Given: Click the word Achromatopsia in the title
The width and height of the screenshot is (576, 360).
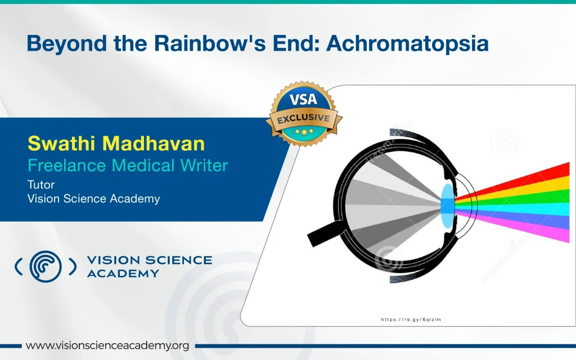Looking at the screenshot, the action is tap(407, 43).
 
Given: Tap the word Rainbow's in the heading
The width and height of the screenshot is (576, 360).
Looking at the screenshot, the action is tap(210, 43).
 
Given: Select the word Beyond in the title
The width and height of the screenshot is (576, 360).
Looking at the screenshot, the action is tap(67, 44).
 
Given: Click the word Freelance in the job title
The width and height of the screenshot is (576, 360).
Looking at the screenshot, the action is tap(67, 165).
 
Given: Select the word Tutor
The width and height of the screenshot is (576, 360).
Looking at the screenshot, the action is tap(41, 184).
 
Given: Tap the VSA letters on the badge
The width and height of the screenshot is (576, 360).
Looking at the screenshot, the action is tap(303, 100).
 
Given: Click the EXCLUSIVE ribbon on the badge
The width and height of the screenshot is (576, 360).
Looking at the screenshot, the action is tap(304, 118).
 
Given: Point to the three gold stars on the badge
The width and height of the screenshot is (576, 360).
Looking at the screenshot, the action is tap(304, 131).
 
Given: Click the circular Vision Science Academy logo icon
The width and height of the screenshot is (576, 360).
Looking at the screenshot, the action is tap(46, 266).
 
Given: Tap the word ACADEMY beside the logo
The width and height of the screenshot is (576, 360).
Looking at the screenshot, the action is tap(123, 274).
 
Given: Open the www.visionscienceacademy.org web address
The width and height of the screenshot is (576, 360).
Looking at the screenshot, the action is tap(107, 346).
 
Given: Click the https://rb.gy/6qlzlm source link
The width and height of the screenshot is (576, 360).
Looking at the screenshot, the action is tap(411, 319).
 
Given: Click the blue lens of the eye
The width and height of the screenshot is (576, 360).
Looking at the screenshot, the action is tap(447, 206).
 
